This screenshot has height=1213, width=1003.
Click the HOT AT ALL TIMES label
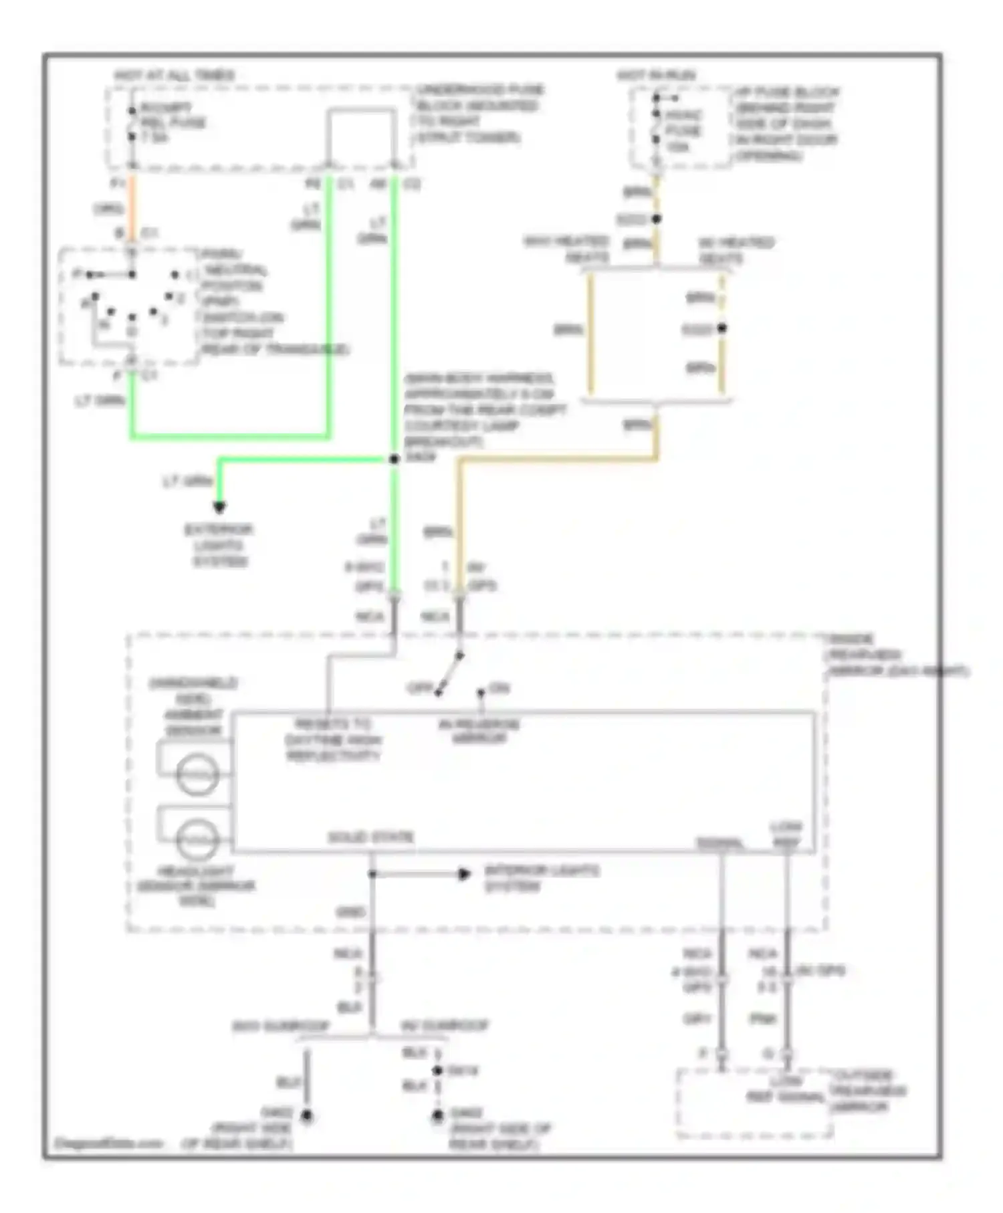coord(174,75)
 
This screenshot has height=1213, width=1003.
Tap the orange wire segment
coord(132,207)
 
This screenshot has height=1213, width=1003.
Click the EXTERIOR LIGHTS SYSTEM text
coord(219,546)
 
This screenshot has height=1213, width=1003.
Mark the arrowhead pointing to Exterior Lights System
coord(219,507)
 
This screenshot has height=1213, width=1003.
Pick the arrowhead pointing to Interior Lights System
coord(464,874)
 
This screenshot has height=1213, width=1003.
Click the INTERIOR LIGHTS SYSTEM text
coord(542,879)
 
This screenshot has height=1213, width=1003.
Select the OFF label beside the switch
coord(420,688)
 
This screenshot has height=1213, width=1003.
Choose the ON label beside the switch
coord(499,688)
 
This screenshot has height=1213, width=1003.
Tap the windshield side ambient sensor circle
coord(197,774)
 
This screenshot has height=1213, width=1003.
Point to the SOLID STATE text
coord(371,837)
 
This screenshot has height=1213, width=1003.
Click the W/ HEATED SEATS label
coord(736,249)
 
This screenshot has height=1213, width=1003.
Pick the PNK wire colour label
coord(762,1019)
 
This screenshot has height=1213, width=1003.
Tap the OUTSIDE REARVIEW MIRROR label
coord(867,1091)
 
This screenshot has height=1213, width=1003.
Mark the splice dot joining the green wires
coord(395,459)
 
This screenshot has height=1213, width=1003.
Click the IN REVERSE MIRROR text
coord(479,731)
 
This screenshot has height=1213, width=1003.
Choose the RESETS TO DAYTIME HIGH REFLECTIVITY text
coord(332,740)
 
